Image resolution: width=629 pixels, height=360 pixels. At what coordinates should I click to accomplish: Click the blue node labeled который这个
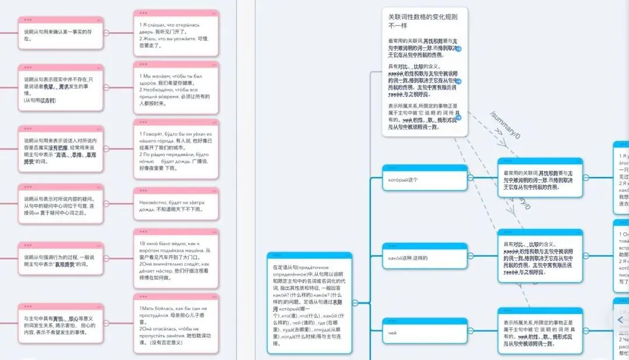[x=425, y=179]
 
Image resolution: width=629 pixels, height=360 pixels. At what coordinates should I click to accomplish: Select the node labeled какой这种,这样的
[x=425, y=257]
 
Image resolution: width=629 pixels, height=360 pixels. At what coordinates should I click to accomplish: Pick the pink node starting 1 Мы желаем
[x=176, y=90]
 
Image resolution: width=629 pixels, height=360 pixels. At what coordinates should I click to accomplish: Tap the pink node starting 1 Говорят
[x=176, y=151]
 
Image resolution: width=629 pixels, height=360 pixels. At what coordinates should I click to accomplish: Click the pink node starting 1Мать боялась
[x=176, y=327]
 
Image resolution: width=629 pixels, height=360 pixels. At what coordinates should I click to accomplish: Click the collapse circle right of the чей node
[x=471, y=332]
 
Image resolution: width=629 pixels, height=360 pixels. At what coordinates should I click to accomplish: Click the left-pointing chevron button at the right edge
[x=621, y=320]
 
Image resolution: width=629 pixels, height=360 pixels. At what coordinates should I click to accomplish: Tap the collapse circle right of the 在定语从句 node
[x=355, y=302]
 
